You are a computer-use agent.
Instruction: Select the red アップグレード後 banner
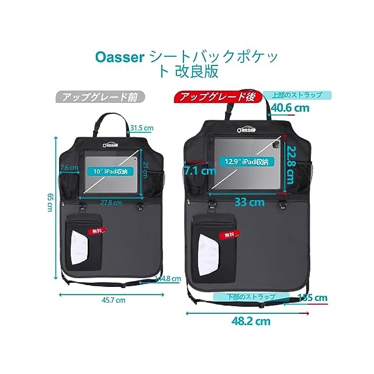click(217, 97)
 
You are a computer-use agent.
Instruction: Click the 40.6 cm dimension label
click(290, 108)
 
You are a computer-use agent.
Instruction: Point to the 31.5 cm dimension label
click(141, 127)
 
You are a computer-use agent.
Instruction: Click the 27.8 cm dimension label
click(110, 203)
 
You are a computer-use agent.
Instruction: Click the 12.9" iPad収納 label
click(247, 162)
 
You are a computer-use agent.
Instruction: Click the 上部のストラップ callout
click(296, 94)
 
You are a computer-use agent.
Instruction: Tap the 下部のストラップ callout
click(251, 297)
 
